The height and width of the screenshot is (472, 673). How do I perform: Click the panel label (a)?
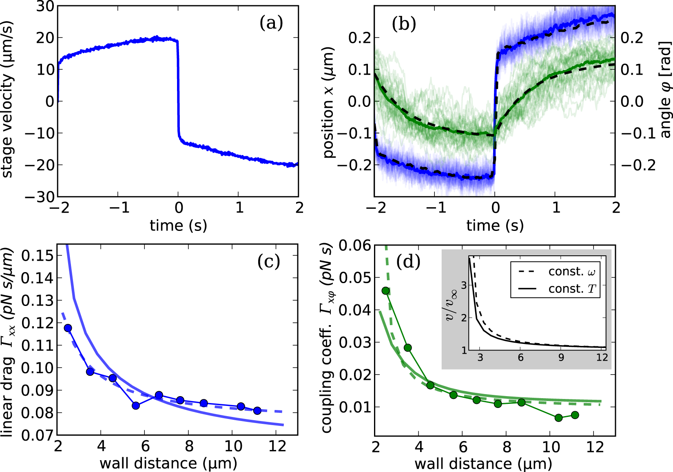click(271, 23)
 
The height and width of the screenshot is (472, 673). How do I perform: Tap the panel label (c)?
click(269, 261)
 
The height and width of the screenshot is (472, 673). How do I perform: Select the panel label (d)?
click(408, 261)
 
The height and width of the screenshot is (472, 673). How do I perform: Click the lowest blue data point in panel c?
click(136, 406)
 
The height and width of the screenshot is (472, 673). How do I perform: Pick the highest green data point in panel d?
click(385, 290)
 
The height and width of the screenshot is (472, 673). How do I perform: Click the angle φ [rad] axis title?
click(665, 90)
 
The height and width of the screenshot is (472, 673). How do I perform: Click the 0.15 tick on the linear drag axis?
click(37, 256)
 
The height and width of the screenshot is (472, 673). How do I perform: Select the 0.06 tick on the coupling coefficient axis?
click(355, 245)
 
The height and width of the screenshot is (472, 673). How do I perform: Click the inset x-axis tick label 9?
click(561, 358)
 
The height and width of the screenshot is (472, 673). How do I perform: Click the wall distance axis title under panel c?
click(168, 463)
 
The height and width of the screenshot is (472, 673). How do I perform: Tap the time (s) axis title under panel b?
click(495, 225)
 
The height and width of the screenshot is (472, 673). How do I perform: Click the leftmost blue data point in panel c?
click(68, 328)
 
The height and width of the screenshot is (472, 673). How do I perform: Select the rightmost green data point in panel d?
click(575, 415)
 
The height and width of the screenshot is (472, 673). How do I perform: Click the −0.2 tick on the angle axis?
click(638, 165)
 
